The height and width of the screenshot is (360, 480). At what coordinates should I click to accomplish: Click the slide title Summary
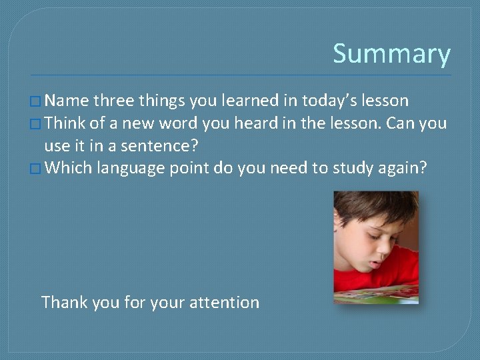[391, 54]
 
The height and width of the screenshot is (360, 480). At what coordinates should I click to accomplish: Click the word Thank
[64, 302]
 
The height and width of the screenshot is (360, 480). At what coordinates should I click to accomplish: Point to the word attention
[225, 302]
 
